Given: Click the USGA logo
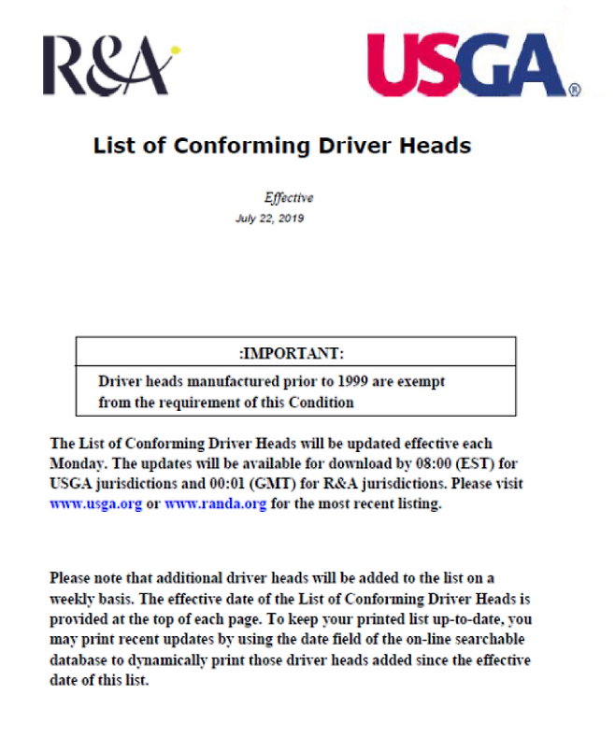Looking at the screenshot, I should pos(472,64).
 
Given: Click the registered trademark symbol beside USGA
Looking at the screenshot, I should pos(575,92).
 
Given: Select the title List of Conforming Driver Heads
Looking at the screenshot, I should pos(281,146).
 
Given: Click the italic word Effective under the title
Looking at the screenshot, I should pos(289,198).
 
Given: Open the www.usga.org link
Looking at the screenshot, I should pos(95,503).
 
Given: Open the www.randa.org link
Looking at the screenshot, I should pos(216,503).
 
